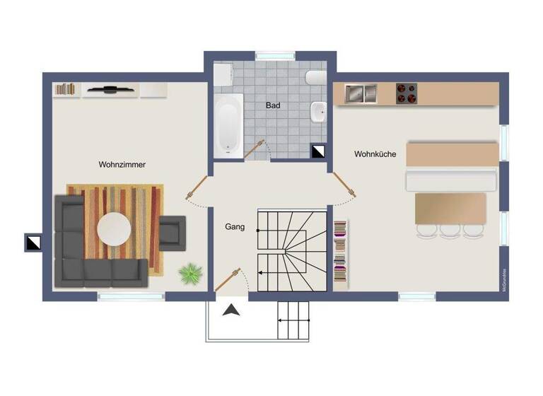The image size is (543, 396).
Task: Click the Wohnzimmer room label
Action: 122,165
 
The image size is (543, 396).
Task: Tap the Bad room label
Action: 272,105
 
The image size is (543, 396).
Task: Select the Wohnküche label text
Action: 375,153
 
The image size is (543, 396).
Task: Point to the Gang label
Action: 235,227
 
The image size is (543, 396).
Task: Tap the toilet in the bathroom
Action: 315,77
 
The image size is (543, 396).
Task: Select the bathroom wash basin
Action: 318,110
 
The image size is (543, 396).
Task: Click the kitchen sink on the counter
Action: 361,93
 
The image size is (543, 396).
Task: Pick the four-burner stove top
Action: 406,93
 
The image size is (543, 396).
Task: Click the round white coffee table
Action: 115,230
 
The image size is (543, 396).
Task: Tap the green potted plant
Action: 189,272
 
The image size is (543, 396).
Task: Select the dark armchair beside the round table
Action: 172,233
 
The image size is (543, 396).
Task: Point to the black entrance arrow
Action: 231,310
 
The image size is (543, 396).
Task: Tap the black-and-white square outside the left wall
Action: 33,243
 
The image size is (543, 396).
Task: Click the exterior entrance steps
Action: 293,321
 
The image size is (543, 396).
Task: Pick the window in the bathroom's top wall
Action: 274,54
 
